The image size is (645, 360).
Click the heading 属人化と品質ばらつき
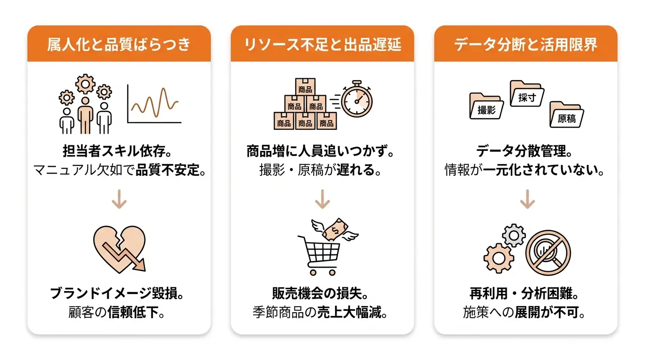click(x=119, y=45)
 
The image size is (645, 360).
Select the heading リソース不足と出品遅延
click(x=322, y=45)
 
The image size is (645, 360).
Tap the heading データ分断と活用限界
click(x=525, y=45)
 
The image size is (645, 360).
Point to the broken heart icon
click(x=120, y=249)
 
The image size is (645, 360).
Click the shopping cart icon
click(x=320, y=255)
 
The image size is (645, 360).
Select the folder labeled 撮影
click(x=487, y=105)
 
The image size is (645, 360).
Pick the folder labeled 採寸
click(x=527, y=94)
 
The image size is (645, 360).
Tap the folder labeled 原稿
click(x=567, y=114)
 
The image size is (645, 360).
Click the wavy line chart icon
click(x=154, y=104)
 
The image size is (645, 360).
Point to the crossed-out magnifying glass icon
click(x=548, y=253)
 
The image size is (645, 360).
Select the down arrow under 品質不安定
click(x=119, y=199)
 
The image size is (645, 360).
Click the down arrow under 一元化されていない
click(x=527, y=199)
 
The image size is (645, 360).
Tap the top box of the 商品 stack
click(x=305, y=87)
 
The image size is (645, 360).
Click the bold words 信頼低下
click(x=133, y=312)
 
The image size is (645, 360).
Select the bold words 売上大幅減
click(x=349, y=312)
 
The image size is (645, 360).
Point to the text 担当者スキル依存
click(x=114, y=151)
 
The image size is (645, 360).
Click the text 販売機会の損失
click(x=317, y=293)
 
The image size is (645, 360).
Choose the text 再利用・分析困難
click(x=521, y=293)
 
